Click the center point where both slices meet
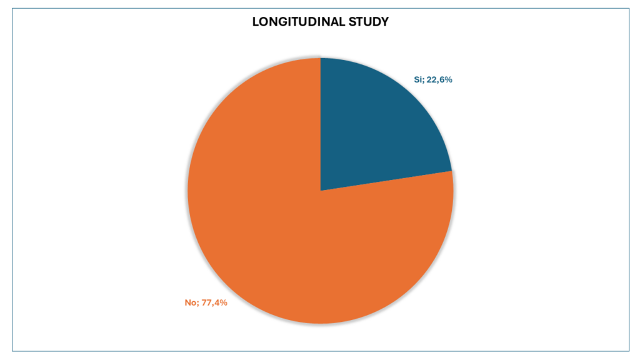click(x=321, y=191)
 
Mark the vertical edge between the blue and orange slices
click(x=321, y=125)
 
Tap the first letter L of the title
click(x=255, y=22)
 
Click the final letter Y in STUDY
click(x=385, y=22)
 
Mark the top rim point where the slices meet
click(x=321, y=58)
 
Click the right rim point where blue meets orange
click(x=451, y=171)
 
